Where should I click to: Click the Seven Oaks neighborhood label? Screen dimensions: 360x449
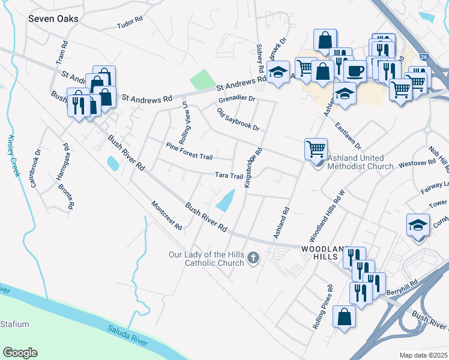pyautogui.click(x=53, y=19)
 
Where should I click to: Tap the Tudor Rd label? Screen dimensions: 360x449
pyautogui.click(x=130, y=23)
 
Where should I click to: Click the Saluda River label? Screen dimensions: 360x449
pyautogui.click(x=127, y=334)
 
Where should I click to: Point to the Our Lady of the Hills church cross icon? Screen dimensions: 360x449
pyautogui.click(x=253, y=259)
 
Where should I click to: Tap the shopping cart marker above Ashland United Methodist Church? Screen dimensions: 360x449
pyautogui.click(x=316, y=148)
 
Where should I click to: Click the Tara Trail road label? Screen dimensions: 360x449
pyautogui.click(x=229, y=176)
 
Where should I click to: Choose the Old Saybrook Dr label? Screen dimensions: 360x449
pyautogui.click(x=238, y=119)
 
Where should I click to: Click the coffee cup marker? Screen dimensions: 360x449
pyautogui.click(x=355, y=70)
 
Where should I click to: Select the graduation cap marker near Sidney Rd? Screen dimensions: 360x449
pyautogui.click(x=278, y=73)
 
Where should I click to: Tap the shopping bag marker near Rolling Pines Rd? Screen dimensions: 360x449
pyautogui.click(x=345, y=316)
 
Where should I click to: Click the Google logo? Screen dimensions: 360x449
pyautogui.click(x=20, y=353)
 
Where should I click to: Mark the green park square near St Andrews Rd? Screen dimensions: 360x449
pyautogui.click(x=202, y=80)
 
